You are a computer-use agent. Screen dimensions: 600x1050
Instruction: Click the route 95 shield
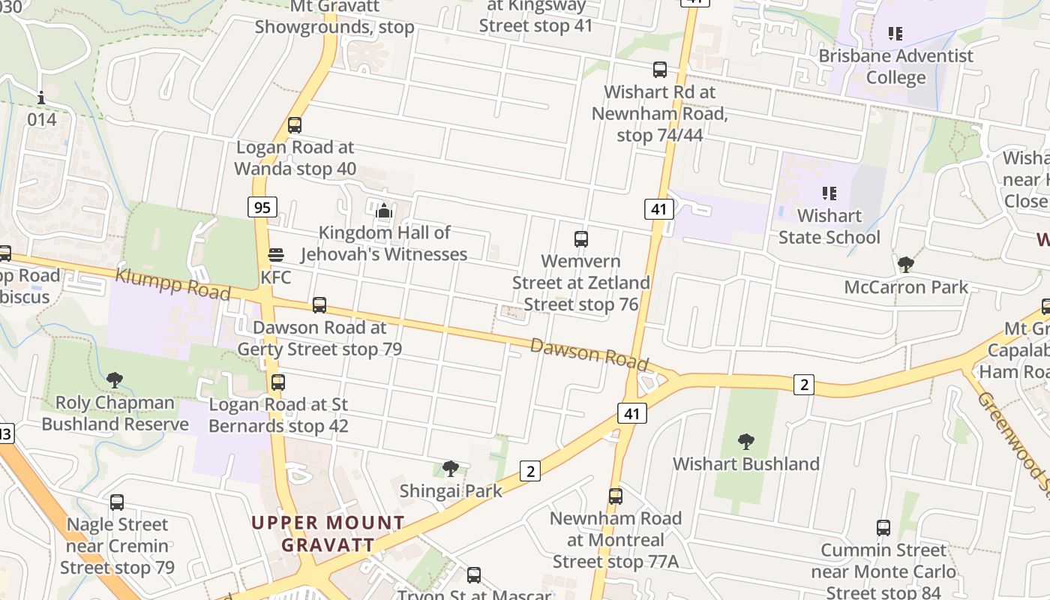click(x=262, y=207)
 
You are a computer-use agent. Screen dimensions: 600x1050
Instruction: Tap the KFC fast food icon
click(x=276, y=255)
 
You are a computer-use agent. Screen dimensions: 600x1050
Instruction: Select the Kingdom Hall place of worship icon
click(x=384, y=211)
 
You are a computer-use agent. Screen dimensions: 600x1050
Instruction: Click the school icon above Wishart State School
click(x=829, y=193)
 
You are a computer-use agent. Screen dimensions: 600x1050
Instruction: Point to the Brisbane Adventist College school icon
click(x=895, y=34)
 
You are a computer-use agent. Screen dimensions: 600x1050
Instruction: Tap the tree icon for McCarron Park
click(x=905, y=264)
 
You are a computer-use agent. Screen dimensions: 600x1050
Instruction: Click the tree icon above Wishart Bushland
click(x=745, y=441)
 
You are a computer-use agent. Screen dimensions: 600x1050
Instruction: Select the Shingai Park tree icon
click(x=450, y=469)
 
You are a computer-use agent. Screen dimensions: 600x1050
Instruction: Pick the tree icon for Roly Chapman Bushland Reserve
click(x=115, y=380)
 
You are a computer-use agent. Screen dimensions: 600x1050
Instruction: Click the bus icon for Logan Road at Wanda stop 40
click(x=295, y=125)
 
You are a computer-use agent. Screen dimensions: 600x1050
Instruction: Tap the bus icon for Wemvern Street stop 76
click(x=581, y=239)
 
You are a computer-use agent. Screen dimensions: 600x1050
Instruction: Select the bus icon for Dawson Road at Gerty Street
click(x=319, y=305)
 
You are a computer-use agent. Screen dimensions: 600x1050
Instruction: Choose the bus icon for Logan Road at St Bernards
click(x=278, y=382)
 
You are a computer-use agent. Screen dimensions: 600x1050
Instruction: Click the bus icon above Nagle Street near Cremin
click(x=117, y=502)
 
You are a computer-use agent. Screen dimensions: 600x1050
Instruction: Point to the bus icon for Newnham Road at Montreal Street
click(x=616, y=496)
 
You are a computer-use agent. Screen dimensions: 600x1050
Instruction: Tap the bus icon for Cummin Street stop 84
click(x=883, y=528)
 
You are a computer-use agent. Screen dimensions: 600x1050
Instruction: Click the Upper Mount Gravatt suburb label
click(x=328, y=533)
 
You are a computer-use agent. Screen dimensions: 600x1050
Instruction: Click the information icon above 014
click(x=41, y=97)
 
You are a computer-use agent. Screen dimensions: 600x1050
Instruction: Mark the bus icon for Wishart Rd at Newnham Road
click(x=660, y=70)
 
